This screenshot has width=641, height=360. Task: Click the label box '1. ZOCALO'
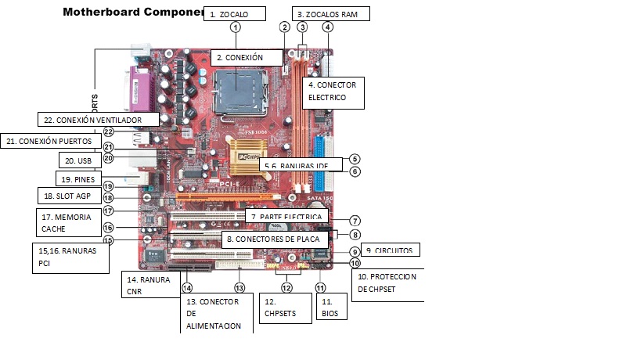(x=234, y=13)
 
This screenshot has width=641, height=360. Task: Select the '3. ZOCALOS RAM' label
(x=330, y=13)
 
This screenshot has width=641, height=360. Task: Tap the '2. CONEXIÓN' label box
(x=247, y=57)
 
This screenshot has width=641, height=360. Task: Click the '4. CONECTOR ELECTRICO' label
(x=335, y=91)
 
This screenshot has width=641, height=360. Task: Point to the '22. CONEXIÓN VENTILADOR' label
(x=98, y=119)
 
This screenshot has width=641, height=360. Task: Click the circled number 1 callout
(x=236, y=27)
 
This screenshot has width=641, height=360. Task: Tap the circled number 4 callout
(x=327, y=27)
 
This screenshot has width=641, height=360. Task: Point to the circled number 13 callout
(x=239, y=287)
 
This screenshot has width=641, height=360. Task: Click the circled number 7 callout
(x=355, y=221)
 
